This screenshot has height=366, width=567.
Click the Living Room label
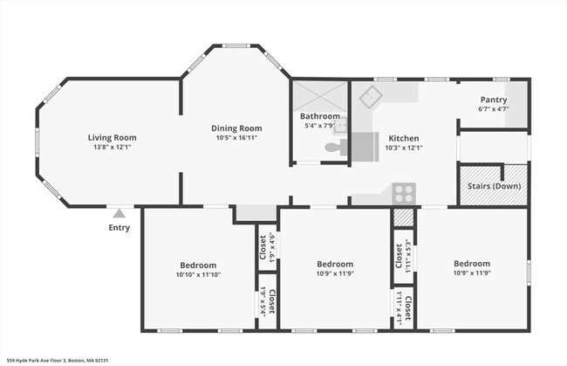(112, 137)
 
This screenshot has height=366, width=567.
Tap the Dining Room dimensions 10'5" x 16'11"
(238, 138)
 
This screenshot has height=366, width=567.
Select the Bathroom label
(319, 116)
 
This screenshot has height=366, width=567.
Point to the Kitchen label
(404, 138)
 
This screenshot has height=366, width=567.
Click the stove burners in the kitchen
(403, 193)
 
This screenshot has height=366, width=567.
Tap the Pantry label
(494, 100)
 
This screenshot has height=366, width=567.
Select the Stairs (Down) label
(495, 187)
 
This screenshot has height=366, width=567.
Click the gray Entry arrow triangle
(119, 212)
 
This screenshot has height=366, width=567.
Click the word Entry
(119, 228)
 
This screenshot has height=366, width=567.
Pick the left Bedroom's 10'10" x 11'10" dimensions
(198, 274)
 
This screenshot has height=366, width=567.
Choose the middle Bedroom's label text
(334, 264)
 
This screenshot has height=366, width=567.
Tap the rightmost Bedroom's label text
(471, 263)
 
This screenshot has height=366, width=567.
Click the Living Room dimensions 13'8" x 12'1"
(112, 147)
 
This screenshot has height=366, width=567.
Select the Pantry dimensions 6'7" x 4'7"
(494, 109)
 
